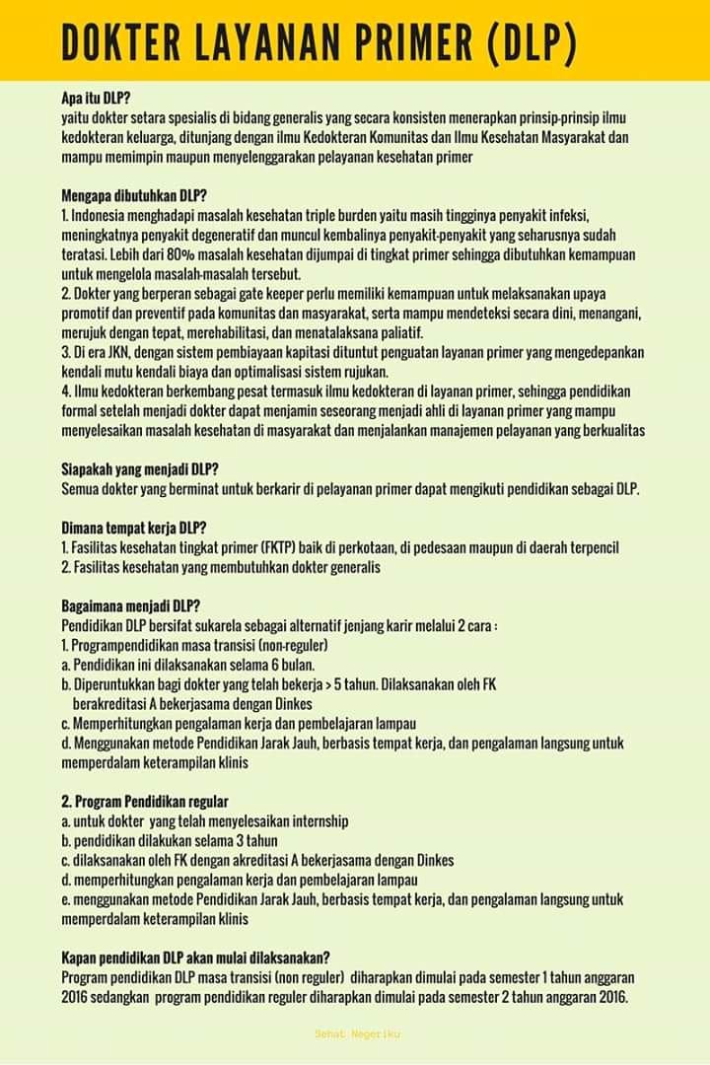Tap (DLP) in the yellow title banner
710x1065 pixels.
tap(532, 42)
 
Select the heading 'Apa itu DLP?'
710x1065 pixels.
tap(96, 98)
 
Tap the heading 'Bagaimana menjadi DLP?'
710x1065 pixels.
tap(130, 605)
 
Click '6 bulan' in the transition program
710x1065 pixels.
tap(292, 666)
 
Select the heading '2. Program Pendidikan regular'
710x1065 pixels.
tap(144, 801)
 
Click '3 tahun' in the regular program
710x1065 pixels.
tap(254, 840)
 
